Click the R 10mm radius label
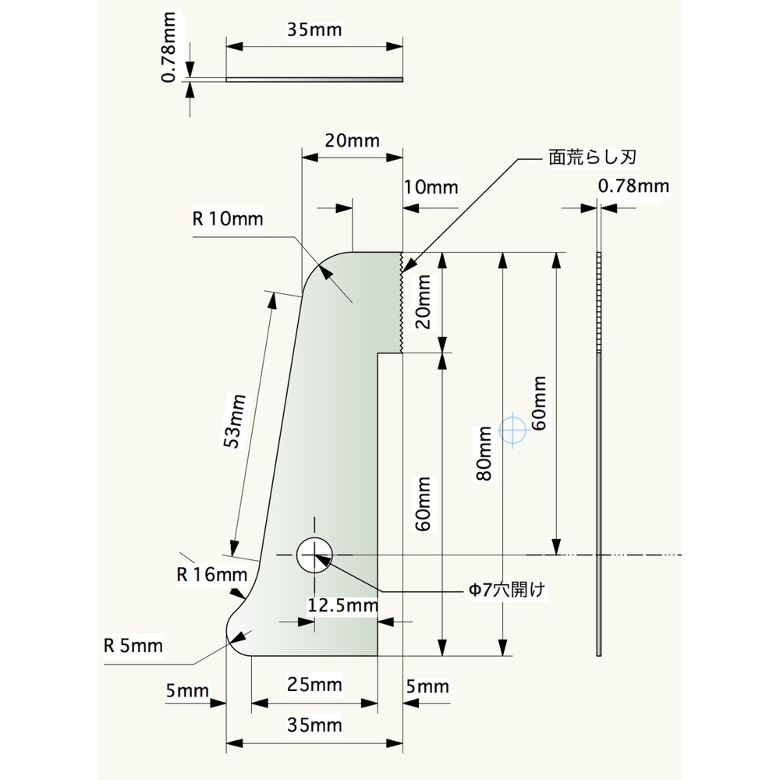(229, 218)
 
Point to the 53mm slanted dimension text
(235, 421)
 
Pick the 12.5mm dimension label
(343, 605)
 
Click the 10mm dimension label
(431, 187)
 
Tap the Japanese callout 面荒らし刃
(594, 157)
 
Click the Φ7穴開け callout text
(504, 590)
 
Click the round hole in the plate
(314, 555)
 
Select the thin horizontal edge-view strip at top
(314, 79)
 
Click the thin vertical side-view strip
(600, 452)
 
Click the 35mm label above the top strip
(315, 30)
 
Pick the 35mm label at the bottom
(315, 725)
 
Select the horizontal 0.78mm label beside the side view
(633, 186)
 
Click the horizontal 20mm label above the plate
(352, 140)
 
